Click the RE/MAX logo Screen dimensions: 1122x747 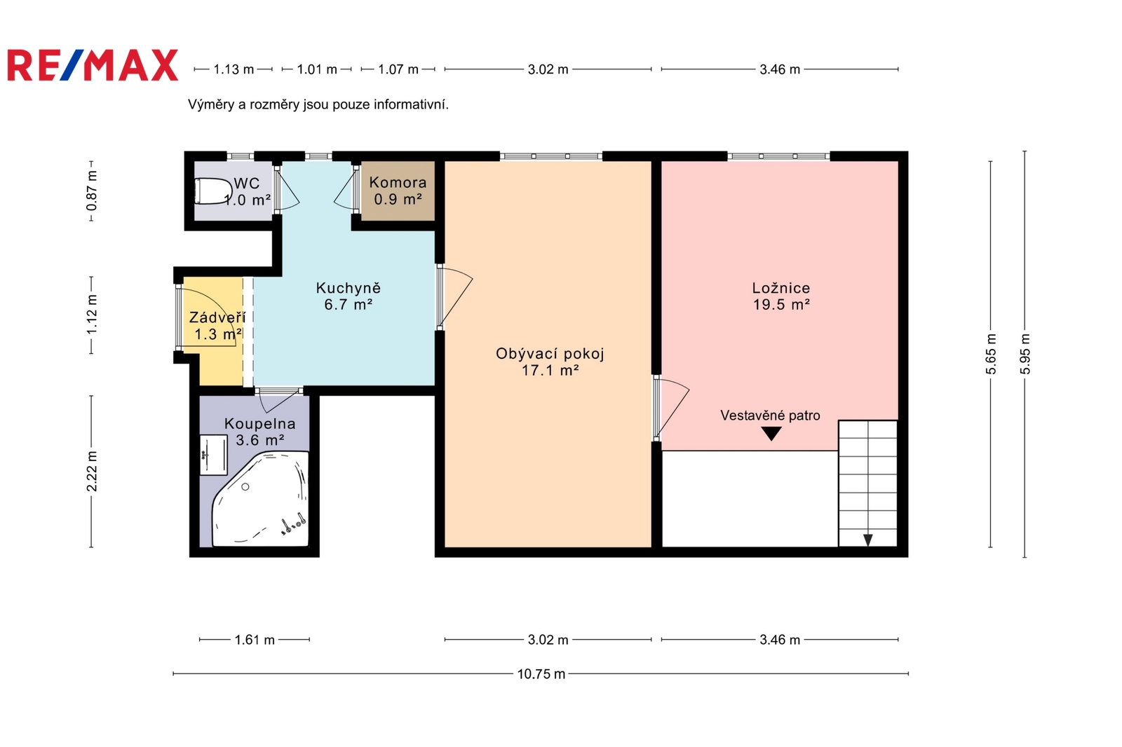coord(93,65)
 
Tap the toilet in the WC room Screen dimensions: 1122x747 coord(212,191)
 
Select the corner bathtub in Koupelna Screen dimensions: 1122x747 coord(260,499)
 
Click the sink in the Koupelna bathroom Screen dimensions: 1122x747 coord(213,455)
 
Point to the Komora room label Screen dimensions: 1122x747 coord(398,191)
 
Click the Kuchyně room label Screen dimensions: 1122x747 coord(348,296)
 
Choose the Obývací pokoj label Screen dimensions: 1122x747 coord(550,362)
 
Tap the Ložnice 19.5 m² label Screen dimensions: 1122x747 coord(781,296)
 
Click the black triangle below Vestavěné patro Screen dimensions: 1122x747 coord(771,433)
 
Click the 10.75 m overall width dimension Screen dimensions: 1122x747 coord(541,674)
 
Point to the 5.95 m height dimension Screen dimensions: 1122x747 coord(1025,354)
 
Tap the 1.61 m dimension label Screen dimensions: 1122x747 coord(255,640)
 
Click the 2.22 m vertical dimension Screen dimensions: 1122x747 coord(92,471)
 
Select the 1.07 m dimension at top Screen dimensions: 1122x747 coord(398,69)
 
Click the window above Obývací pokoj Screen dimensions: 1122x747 coord(550,156)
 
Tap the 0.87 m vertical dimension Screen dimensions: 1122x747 coord(92,191)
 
